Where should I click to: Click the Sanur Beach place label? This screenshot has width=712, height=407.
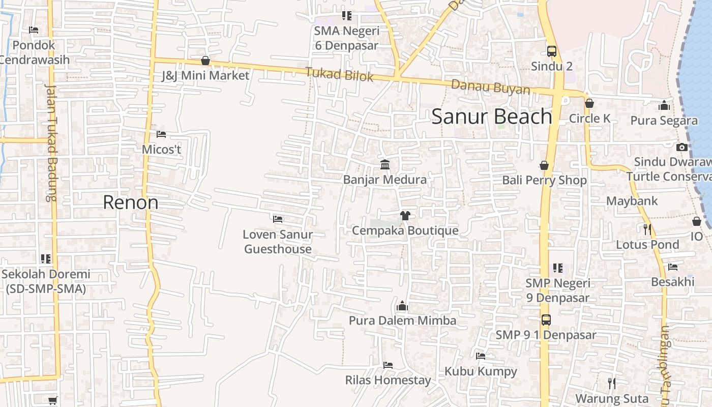pyautogui.click(x=492, y=117)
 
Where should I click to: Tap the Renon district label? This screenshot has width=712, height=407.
pyautogui.click(x=130, y=202)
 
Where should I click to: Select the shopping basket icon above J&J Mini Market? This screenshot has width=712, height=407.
pyautogui.click(x=205, y=61)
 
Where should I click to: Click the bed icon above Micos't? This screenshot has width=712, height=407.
pyautogui.click(x=161, y=134)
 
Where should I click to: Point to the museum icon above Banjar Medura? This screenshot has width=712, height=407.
pyautogui.click(x=385, y=165)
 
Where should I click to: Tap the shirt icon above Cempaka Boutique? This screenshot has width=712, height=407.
pyautogui.click(x=405, y=216)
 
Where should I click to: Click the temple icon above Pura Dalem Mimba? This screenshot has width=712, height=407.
pyautogui.click(x=402, y=306)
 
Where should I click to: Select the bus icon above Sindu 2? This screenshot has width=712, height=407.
pyautogui.click(x=552, y=51)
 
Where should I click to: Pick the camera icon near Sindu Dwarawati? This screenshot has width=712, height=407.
pyautogui.click(x=682, y=148)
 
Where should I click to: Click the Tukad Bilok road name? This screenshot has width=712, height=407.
pyautogui.click(x=339, y=74)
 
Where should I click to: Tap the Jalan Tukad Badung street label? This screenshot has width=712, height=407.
pyautogui.click(x=51, y=142)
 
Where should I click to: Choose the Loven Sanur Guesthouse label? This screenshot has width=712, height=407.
pyautogui.click(x=278, y=242)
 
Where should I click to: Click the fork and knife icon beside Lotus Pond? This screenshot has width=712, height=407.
pyautogui.click(x=647, y=229)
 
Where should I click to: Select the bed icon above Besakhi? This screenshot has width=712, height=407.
pyautogui.click(x=673, y=267)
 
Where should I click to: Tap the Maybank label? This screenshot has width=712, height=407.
pyautogui.click(x=632, y=201)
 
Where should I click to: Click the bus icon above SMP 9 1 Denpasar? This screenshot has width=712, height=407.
pyautogui.click(x=546, y=320)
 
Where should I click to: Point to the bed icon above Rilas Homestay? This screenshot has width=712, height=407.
pyautogui.click(x=388, y=365)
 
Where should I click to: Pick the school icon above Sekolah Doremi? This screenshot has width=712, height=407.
pyautogui.click(x=46, y=259)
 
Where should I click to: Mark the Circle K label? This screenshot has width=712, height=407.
pyautogui.click(x=589, y=119)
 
